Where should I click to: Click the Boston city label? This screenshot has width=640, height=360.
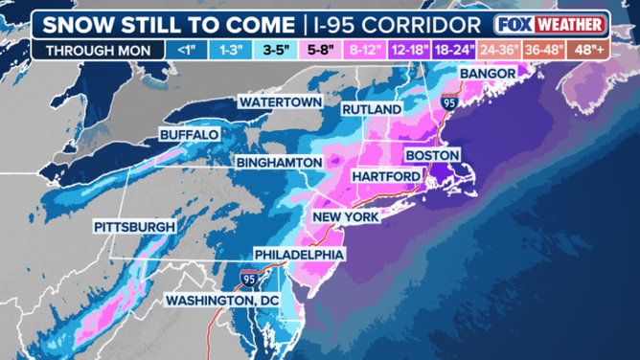[433, 155]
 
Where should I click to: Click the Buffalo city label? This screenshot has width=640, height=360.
[190, 134]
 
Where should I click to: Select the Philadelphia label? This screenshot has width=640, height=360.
[299, 255]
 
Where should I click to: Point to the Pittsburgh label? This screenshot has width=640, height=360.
[135, 227]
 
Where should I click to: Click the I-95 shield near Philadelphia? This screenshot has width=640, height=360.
[249, 278]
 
